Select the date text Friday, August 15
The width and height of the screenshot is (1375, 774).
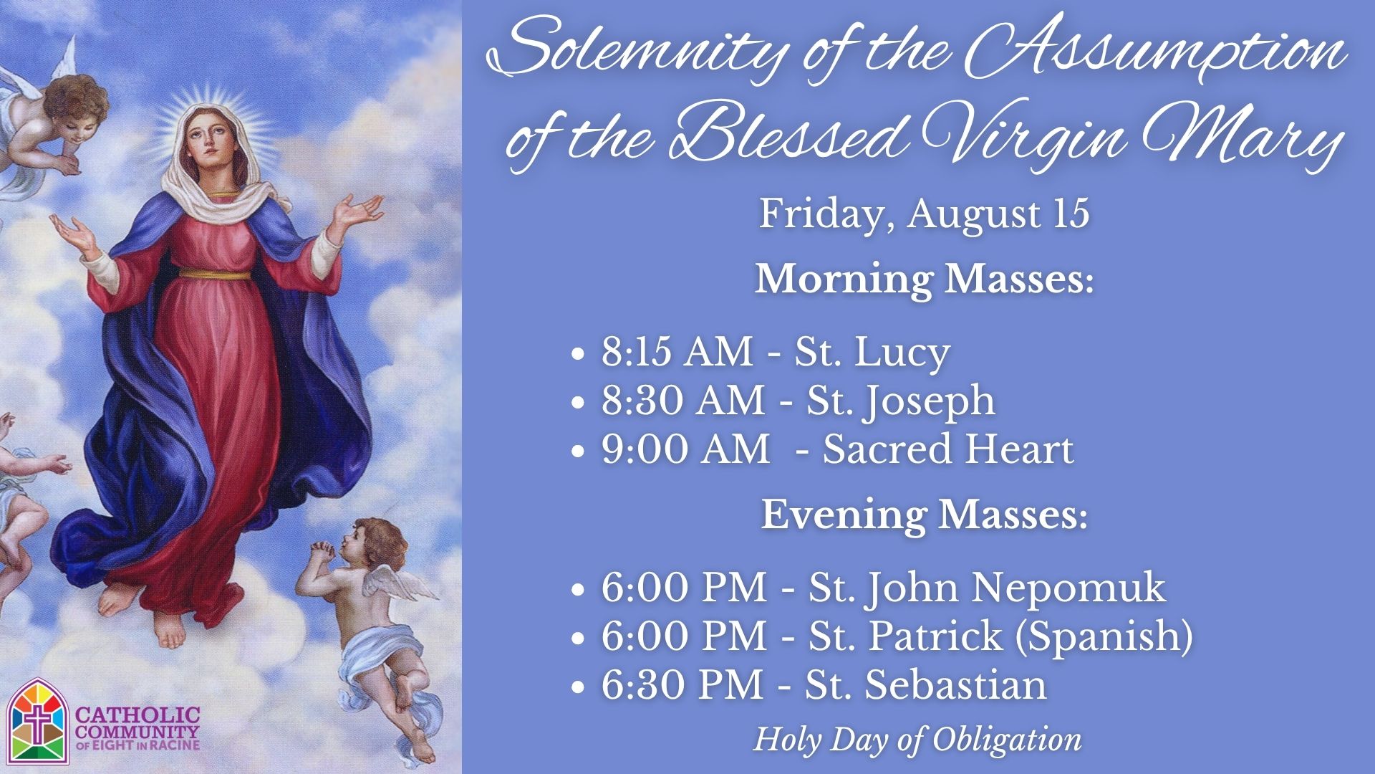click(x=924, y=214)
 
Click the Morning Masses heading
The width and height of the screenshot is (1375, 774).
click(x=925, y=279)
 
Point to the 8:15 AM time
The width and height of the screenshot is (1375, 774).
click(x=677, y=353)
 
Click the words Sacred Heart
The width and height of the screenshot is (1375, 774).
click(x=948, y=449)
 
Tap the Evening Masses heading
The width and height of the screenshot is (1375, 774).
click(x=924, y=515)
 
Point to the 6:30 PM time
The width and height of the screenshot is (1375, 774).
click(x=682, y=684)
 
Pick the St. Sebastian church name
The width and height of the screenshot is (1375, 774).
click(x=925, y=684)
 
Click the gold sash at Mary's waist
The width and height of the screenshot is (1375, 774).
click(x=215, y=274)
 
